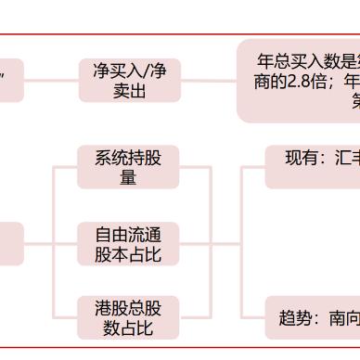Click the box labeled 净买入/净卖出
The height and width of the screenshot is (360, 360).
(129, 81)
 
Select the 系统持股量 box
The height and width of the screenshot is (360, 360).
(127, 166)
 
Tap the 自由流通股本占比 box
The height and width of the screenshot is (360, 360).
(127, 243)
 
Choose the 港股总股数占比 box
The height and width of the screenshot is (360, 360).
(127, 318)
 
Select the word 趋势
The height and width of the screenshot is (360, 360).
(296, 317)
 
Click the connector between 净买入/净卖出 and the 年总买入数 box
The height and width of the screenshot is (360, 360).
(208, 81)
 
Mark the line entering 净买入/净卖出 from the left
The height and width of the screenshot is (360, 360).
(52, 81)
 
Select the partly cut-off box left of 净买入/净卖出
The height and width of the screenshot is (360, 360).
(9, 81)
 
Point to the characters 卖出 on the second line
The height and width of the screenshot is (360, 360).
(129, 92)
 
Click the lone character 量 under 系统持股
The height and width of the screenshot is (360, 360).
(127, 177)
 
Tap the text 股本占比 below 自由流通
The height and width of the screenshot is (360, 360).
(127, 254)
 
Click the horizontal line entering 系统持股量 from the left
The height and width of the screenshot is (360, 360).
(65, 167)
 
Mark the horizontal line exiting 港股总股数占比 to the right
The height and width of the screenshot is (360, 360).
(194, 318)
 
